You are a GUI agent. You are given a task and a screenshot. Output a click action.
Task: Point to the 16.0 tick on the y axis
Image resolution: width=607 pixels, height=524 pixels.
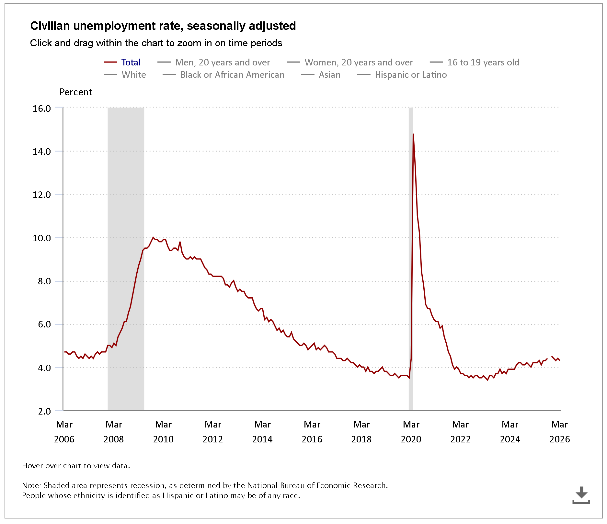[x=42, y=108]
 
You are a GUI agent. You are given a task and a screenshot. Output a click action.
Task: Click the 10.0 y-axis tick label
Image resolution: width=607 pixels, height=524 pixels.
[x=42, y=238]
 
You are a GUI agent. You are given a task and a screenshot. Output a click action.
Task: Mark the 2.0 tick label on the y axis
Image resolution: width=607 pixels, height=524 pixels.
[x=44, y=411]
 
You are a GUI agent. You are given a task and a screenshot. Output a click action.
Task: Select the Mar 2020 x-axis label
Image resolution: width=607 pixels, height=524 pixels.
[x=411, y=432]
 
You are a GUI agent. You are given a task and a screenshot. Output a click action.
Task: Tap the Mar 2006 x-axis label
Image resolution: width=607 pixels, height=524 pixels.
[x=64, y=432]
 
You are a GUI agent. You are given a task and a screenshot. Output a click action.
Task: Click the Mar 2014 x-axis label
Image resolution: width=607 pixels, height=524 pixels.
[x=262, y=432]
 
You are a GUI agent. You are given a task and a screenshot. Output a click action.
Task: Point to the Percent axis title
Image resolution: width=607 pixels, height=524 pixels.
[x=76, y=92]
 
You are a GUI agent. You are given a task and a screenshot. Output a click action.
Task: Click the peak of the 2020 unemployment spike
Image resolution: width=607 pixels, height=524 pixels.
[x=413, y=134]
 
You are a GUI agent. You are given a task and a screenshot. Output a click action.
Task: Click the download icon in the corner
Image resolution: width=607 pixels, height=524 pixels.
[x=581, y=495]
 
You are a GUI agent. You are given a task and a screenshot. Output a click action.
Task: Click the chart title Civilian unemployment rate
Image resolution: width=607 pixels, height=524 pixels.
[x=163, y=26]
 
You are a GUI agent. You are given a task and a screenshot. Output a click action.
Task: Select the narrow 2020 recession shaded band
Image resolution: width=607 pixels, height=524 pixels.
[x=411, y=259]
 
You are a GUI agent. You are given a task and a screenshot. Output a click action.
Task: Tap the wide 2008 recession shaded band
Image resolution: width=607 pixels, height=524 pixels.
[x=126, y=259]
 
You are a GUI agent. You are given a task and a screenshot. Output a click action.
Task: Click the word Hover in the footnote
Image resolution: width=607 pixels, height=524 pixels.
[x=32, y=466]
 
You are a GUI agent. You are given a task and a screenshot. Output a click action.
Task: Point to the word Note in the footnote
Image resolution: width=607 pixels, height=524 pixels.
[x=31, y=485]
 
